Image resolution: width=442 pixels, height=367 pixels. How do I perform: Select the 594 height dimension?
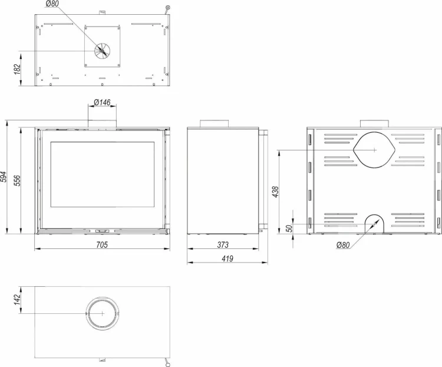(x=5, y=177)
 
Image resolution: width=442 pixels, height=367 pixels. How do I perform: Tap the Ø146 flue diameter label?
(x=102, y=103)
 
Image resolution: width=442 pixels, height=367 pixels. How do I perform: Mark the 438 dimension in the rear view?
(x=275, y=192)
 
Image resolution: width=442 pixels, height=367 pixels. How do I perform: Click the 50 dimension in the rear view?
(x=289, y=227)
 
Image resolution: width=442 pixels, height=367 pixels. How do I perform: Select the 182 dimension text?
(x=17, y=68)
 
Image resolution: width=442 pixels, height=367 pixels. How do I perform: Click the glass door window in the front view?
(x=103, y=175)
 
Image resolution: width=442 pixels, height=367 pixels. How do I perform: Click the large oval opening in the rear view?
(x=374, y=150)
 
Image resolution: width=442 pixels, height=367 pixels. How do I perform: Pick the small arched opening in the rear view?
(x=374, y=224)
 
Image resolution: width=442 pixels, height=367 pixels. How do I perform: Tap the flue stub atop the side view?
(x=215, y=123)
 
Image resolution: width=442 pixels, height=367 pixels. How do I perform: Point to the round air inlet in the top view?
(x=103, y=51)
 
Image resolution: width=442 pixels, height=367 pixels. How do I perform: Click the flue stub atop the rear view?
(x=374, y=123)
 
